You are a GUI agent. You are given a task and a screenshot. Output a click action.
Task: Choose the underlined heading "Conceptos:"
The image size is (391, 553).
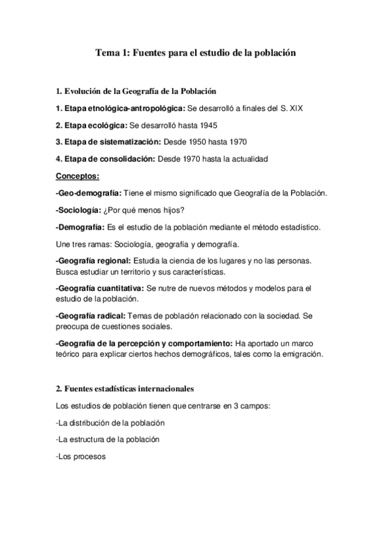[78, 175]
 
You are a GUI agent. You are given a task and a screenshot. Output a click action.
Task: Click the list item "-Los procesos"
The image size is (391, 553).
[81, 457]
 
